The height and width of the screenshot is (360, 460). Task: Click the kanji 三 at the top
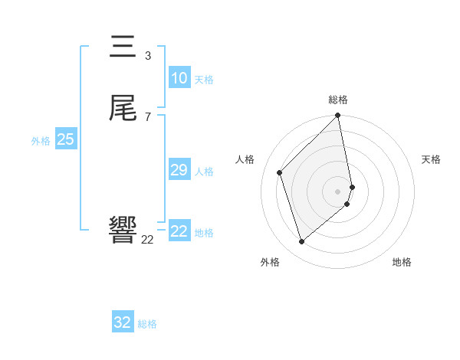click(123, 47)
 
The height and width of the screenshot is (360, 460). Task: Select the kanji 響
click(123, 231)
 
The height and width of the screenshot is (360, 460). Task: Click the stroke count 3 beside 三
click(148, 55)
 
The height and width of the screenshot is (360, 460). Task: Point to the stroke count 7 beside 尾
click(148, 116)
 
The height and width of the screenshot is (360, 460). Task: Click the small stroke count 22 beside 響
click(147, 240)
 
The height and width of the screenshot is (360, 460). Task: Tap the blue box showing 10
click(179, 78)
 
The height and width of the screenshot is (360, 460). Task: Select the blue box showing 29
click(179, 170)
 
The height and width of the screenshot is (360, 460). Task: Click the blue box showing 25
click(66, 139)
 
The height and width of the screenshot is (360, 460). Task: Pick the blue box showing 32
click(123, 322)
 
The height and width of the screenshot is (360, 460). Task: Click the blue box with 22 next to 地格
click(179, 231)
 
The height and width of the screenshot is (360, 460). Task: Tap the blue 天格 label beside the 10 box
click(204, 80)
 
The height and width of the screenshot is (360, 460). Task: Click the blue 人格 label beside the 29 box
click(205, 172)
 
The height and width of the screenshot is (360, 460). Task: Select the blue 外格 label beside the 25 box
click(41, 141)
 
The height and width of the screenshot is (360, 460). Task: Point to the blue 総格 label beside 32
click(147, 324)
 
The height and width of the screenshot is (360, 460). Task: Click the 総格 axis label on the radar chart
click(338, 100)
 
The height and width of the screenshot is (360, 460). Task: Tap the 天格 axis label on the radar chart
click(431, 159)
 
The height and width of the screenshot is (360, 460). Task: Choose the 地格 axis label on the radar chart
click(402, 262)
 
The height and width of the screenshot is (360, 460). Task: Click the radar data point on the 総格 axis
click(338, 116)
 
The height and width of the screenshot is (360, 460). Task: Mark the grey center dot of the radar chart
click(338, 191)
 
